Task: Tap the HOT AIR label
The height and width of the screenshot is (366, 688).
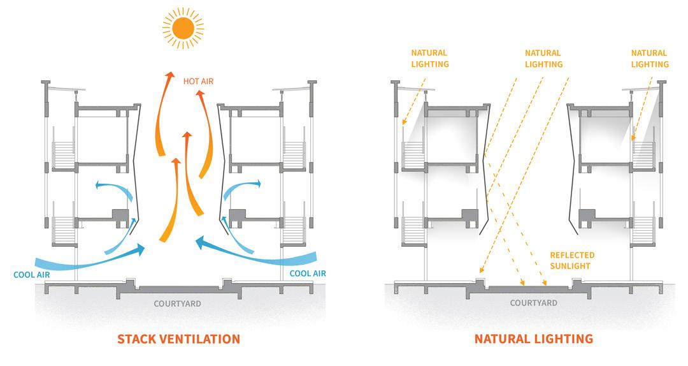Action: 197,82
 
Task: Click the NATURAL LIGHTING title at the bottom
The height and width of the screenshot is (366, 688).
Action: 533,339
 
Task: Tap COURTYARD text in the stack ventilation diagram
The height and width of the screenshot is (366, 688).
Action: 177,304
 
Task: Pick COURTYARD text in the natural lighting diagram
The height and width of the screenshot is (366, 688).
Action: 533,304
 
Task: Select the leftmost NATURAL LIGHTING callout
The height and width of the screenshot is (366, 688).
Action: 430,59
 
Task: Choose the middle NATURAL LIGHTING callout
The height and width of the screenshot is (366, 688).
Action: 543,59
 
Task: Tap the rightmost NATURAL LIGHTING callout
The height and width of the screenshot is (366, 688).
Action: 650,59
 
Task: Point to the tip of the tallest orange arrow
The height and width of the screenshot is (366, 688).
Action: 169,75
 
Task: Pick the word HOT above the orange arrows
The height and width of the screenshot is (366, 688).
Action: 190,82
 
